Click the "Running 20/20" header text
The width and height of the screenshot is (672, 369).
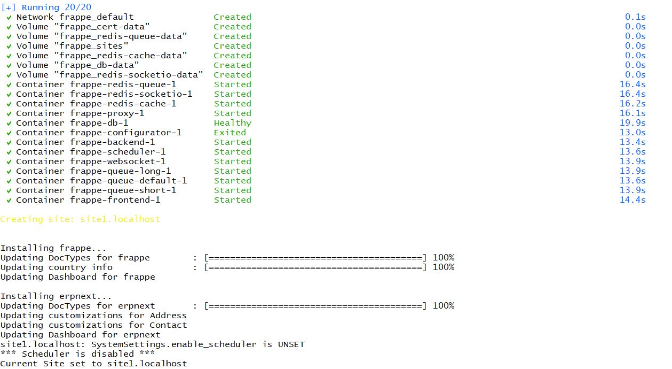point(56,7)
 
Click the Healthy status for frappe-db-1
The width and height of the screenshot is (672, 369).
point(232,123)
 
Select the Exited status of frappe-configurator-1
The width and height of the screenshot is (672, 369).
point(230,133)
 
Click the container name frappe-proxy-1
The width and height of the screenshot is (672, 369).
point(107,113)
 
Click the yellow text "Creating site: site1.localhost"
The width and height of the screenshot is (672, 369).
point(80,219)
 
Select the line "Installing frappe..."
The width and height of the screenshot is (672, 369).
point(53,248)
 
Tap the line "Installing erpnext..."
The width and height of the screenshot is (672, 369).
point(56,296)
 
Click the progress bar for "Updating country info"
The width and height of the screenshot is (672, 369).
point(315,267)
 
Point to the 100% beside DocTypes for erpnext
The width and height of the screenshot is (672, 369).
point(443,306)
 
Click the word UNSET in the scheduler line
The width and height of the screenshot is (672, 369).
point(291,344)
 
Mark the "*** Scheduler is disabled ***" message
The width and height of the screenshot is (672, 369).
point(77,354)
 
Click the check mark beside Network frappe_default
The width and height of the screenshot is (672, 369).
point(9,17)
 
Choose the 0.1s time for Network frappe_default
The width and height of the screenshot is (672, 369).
point(635,17)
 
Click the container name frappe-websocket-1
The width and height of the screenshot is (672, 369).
point(117,162)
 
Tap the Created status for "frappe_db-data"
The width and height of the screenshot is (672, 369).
point(232,65)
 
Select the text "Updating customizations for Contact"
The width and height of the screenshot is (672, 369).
point(93,325)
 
